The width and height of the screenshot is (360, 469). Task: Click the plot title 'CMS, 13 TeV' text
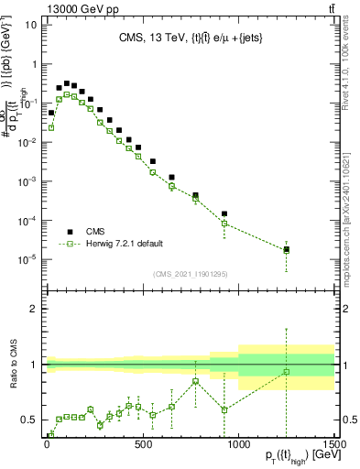coord(152,38)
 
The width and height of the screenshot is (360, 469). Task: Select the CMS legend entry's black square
coord(70,232)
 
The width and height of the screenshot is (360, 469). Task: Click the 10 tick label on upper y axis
coord(30,24)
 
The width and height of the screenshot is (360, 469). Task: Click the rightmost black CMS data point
coord(287,249)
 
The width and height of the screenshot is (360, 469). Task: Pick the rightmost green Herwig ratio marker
coord(287,371)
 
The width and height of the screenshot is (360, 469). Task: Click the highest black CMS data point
coord(66,82)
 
